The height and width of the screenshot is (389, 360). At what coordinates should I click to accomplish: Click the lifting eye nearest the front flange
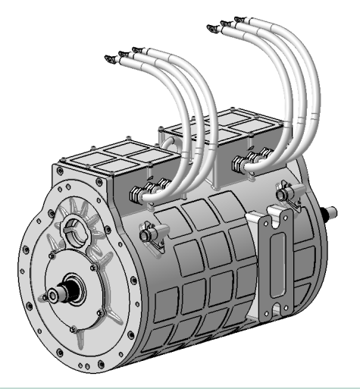(x=150, y=231)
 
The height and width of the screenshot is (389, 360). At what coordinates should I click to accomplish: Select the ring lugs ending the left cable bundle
(x=120, y=55)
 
